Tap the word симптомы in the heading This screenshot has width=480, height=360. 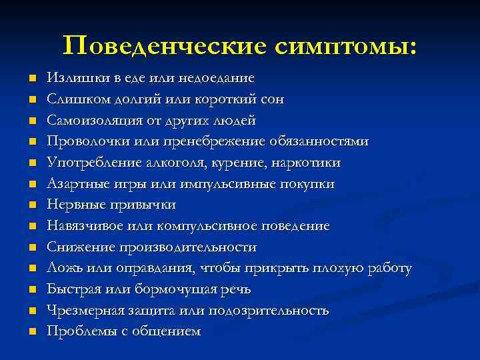341,45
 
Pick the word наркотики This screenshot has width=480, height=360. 306,163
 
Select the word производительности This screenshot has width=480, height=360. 188,247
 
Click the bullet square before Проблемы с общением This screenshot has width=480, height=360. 31,332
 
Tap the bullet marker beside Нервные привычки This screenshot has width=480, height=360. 31,205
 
